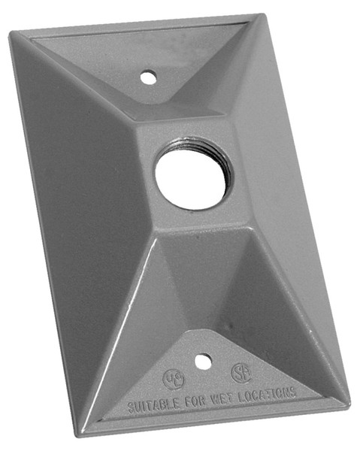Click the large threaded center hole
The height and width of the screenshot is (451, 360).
pos(193,172)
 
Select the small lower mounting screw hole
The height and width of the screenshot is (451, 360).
pos(201,361)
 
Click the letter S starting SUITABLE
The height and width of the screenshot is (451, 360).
pos(131,408)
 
